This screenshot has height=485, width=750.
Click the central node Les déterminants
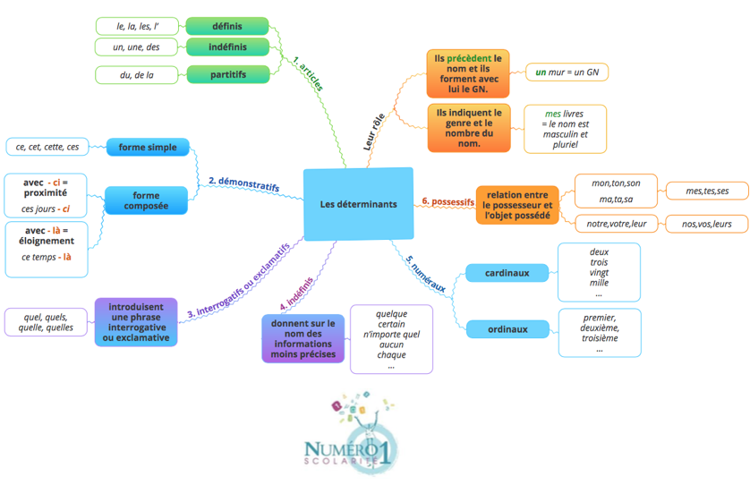coord(358,204)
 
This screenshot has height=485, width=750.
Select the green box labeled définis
coord(227,26)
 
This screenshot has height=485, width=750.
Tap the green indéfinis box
coord(227,47)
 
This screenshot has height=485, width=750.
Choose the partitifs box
coord(227,74)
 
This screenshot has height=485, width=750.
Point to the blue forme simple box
coord(148,147)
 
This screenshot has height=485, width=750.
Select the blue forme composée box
coord(147,200)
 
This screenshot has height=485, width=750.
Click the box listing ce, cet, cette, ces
coord(47,147)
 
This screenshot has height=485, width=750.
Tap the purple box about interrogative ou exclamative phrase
coord(136,322)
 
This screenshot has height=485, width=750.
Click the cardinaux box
coord(507,273)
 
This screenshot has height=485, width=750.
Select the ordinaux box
coord(507,329)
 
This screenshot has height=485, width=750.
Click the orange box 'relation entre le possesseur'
coord(517,205)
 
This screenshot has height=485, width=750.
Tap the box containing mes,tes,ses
coord(707,191)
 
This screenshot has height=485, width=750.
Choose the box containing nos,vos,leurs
coord(707,224)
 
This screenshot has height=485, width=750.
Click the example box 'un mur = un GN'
coord(567,72)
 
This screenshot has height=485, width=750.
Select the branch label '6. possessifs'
coord(447,202)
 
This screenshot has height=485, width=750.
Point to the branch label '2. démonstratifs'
coord(243,183)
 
